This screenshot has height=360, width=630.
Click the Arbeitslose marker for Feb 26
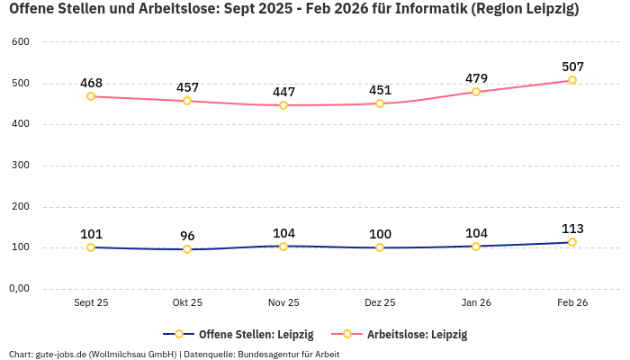[572, 80]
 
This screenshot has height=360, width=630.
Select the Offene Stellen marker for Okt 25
[187, 249]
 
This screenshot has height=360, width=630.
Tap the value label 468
[91, 83]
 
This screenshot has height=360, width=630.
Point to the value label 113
[572, 229]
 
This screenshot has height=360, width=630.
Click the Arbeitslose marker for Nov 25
[283, 105]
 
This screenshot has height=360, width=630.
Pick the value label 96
[187, 236]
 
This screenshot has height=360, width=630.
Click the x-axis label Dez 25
[380, 303]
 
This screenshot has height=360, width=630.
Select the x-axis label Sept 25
[91, 303]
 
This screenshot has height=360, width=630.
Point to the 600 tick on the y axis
[20, 42]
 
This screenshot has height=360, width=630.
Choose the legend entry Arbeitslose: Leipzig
[417, 334]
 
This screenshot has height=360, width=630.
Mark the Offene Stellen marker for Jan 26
[476, 246]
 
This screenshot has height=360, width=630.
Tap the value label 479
[476, 78]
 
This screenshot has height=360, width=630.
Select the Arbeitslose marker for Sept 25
[91, 96]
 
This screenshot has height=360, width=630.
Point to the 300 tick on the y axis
[20, 166]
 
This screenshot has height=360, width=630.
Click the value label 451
[380, 90]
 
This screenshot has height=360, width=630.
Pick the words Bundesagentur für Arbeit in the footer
[291, 354]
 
